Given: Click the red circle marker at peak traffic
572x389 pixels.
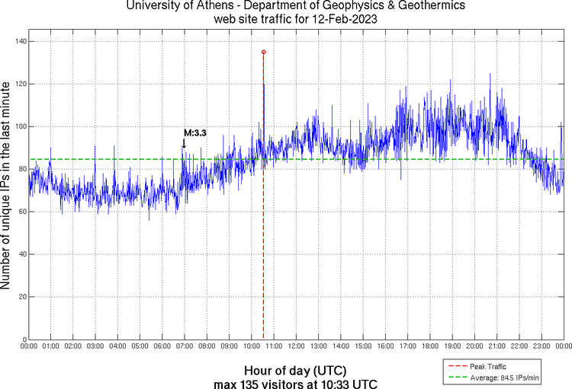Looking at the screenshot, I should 263,52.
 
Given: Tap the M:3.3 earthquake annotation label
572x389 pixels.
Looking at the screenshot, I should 195,132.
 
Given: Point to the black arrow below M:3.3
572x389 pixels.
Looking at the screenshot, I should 184,143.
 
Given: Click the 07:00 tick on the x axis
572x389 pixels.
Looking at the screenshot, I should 185,346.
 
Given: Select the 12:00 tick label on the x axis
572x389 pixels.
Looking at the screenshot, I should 296,346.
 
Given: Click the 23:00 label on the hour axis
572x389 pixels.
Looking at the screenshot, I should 541,346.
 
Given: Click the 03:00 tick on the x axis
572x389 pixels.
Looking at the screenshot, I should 95,346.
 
